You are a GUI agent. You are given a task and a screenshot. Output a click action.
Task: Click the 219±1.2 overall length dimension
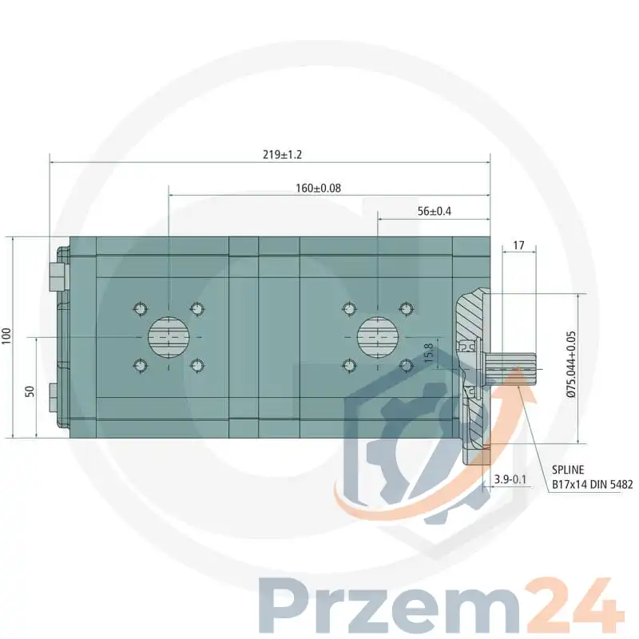pyautogui.click(x=283, y=155)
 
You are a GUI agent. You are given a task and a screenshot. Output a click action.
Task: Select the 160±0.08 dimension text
pyautogui.click(x=318, y=189)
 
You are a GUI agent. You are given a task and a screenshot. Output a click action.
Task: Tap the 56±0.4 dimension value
pyautogui.click(x=435, y=211)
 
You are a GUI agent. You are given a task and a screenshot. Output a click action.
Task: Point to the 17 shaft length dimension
pyautogui.click(x=518, y=245)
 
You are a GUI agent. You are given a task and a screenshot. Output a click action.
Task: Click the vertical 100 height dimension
pyautogui.click(x=7, y=336)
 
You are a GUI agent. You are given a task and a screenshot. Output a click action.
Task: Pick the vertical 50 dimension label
pyautogui.click(x=30, y=391)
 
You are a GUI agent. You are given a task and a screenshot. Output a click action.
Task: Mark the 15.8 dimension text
pyautogui.click(x=429, y=353)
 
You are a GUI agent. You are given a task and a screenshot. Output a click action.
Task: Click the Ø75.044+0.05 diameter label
pyautogui.click(x=571, y=364)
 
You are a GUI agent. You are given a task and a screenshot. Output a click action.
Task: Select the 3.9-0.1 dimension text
pyautogui.click(x=510, y=480)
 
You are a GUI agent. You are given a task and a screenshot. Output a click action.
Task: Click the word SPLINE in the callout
pyautogui.click(x=568, y=470)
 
